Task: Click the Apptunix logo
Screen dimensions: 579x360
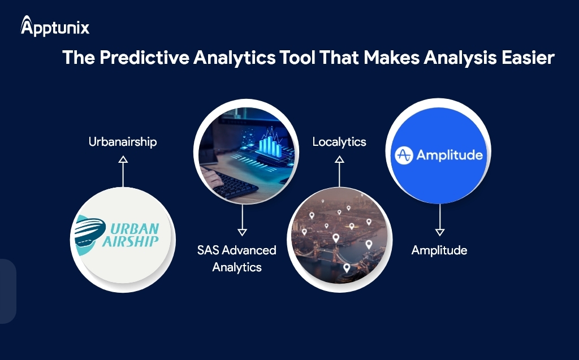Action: coord(55,26)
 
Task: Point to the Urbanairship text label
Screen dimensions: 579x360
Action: coord(123,142)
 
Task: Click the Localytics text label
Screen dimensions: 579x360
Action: coord(339,142)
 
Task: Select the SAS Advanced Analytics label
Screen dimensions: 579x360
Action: coord(237,258)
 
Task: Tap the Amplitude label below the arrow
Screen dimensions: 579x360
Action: coord(439,250)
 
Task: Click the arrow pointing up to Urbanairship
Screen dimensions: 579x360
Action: coord(123,171)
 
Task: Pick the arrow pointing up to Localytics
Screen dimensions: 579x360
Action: coord(339,171)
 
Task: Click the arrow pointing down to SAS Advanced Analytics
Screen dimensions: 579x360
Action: coord(242,220)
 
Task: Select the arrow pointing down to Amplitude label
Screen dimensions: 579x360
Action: coord(440,220)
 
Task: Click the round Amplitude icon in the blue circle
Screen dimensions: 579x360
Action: coord(404,155)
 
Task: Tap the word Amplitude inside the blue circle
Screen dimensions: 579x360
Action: coord(450,155)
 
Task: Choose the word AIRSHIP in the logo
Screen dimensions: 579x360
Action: coord(131,242)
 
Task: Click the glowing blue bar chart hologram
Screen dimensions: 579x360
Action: coord(270,144)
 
